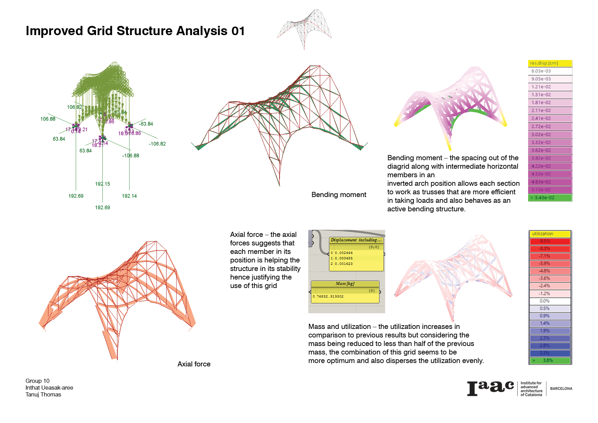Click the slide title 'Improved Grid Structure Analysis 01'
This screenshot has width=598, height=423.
pyautogui.click(x=135, y=31)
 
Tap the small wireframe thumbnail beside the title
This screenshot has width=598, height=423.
pyautogui.click(x=304, y=29)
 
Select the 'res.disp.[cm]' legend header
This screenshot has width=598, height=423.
pyautogui.click(x=550, y=63)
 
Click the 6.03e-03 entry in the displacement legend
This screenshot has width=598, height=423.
pyautogui.click(x=550, y=71)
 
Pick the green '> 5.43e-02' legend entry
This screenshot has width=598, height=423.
pyautogui.click(x=550, y=198)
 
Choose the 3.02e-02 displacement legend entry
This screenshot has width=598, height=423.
pyautogui.click(x=550, y=135)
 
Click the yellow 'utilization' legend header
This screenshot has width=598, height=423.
pyautogui.click(x=550, y=234)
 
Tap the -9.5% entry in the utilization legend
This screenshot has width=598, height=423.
pyautogui.click(x=550, y=241)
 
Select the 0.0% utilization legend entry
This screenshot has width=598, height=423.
pyautogui.click(x=550, y=301)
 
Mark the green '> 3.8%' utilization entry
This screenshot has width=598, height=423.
pyautogui.click(x=550, y=360)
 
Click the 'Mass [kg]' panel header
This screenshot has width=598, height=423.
pyautogui.click(x=345, y=284)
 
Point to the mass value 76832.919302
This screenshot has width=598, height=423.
pyautogui.click(x=330, y=297)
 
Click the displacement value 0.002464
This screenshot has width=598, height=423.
pyautogui.click(x=344, y=253)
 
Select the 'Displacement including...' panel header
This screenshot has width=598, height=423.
pyautogui.click(x=356, y=240)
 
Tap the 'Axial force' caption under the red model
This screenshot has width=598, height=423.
pyautogui.click(x=194, y=364)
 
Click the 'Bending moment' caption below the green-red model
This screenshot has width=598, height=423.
pyautogui.click(x=339, y=195)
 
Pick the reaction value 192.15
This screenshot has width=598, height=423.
pyautogui.click(x=102, y=184)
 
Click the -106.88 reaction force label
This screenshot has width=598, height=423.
pyautogui.click(x=131, y=156)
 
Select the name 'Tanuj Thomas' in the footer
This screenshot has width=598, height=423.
pyautogui.click(x=43, y=395)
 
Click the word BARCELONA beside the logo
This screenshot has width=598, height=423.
pyautogui.click(x=561, y=389)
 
